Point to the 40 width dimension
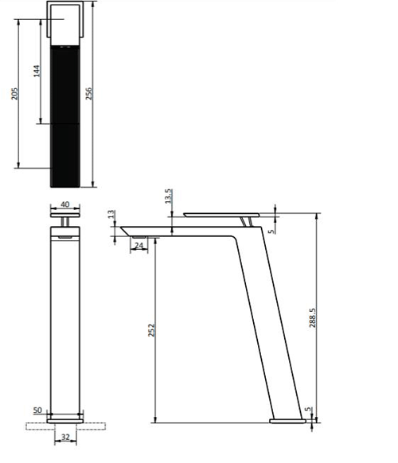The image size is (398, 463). point(64,204)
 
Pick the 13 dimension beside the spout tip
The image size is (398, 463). point(111,216)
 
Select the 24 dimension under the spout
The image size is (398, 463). point(139,246)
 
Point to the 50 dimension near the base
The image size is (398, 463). point(37,410)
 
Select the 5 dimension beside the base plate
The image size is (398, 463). point(308,411)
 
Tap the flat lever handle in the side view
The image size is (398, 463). point(223,213)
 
